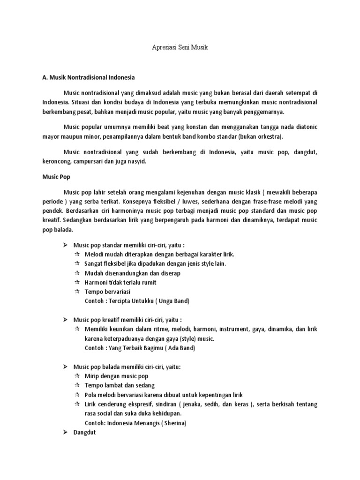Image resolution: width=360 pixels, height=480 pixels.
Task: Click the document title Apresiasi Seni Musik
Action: [x=180, y=48]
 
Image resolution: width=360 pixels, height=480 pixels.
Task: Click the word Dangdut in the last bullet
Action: [x=84, y=433]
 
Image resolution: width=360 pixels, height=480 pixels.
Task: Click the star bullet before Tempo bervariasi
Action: [x=77, y=291]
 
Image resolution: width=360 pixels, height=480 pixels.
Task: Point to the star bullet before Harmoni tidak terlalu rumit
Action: [x=77, y=282]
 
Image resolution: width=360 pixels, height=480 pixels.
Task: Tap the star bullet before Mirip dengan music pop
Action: [x=77, y=376]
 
